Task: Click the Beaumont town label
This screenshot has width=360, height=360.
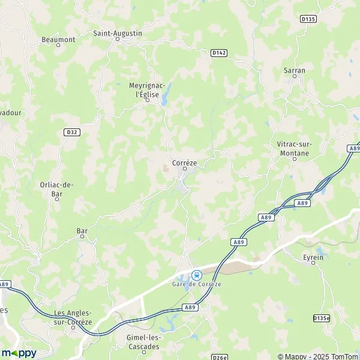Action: point(58,40)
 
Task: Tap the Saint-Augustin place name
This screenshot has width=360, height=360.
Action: point(118,34)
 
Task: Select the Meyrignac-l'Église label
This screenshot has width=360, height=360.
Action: point(147,89)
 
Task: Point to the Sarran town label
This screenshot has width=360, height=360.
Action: point(294,70)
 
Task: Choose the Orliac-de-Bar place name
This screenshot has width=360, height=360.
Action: point(56,189)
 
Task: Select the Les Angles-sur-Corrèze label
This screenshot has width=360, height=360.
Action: point(73,317)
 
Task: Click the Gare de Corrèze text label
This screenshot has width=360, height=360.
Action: point(196,284)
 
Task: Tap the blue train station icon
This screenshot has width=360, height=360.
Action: point(196,275)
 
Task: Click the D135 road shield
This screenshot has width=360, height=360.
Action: point(308,19)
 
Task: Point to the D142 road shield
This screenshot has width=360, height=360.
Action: point(220,53)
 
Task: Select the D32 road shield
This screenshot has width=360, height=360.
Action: point(71,132)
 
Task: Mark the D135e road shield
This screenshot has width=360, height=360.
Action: point(322,318)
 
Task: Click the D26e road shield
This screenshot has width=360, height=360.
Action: point(220,356)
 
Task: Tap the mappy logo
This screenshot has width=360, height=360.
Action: point(19,353)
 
